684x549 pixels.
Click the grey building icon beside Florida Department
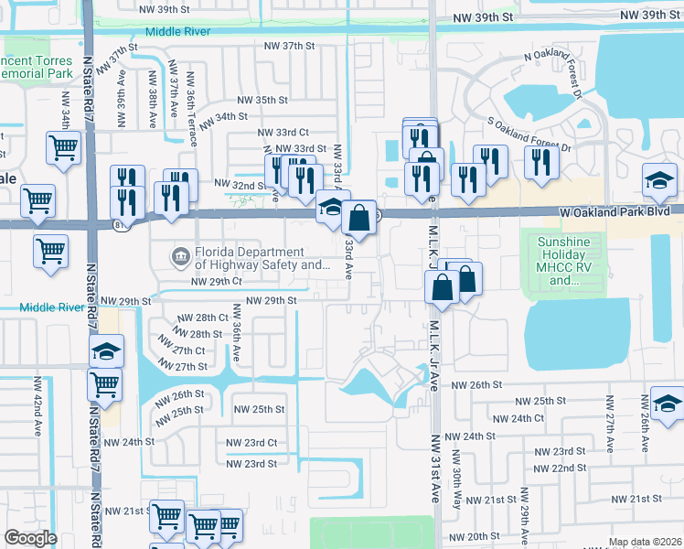point(181,254)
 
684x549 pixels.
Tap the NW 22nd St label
point(560,468)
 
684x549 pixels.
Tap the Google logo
point(30,538)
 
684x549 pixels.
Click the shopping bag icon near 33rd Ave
point(359,218)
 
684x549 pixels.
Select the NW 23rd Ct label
point(253,443)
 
